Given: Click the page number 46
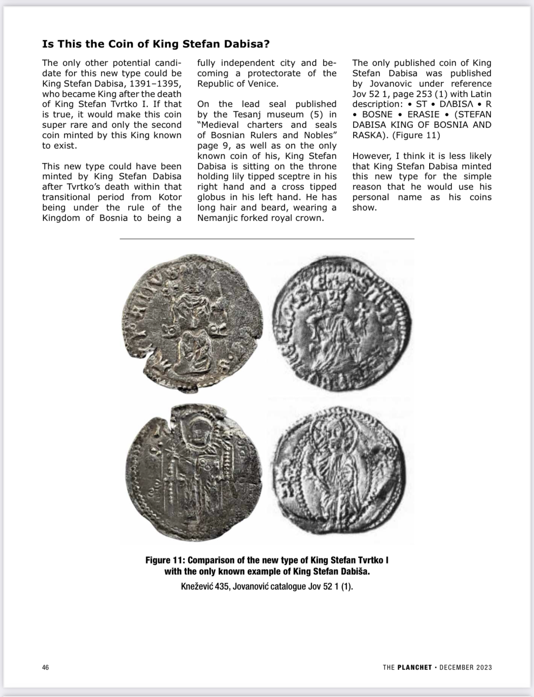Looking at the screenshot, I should point(45,667).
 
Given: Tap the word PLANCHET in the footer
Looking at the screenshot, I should point(414,667).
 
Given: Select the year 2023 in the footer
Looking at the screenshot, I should point(483,667).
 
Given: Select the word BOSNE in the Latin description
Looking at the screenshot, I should point(377,115).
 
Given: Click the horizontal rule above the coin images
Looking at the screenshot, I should point(267,239).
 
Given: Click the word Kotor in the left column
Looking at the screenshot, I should point(169,197).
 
